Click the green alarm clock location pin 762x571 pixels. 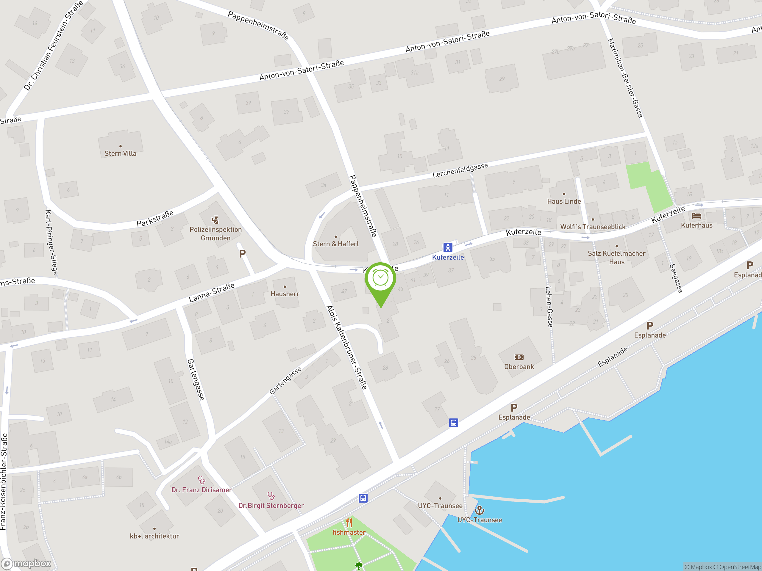tap(380, 279)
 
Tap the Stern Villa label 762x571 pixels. tap(120, 153)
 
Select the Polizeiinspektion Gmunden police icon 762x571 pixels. tap(215, 219)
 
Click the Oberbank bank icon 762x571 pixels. tap(519, 357)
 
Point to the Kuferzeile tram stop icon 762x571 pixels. tap(447, 247)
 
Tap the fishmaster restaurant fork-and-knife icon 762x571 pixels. tap(349, 523)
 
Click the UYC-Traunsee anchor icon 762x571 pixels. tap(480, 510)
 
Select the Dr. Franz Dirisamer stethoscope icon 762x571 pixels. tap(202, 480)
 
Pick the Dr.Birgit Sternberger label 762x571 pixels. tap(271, 506)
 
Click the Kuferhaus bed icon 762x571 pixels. tap(696, 216)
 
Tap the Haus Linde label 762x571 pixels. tap(564, 201)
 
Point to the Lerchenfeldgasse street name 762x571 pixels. tap(460, 170)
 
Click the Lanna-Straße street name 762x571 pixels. tap(212, 292)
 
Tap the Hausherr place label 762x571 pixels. tap(285, 294)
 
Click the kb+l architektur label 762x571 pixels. tap(154, 536)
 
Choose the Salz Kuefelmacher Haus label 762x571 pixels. tap(616, 258)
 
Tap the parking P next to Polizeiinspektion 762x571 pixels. tap(242, 254)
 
